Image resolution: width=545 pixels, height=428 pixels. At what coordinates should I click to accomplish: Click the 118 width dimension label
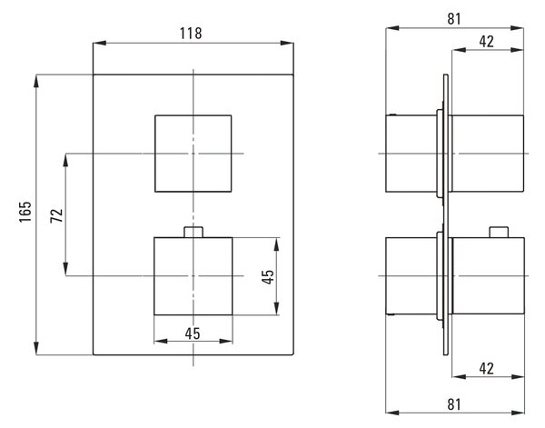191,34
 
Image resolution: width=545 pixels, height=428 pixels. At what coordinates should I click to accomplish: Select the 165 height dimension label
25,212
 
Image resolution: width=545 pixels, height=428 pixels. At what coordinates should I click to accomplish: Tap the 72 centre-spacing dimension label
56,215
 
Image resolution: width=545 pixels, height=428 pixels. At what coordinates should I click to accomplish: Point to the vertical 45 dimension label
268,277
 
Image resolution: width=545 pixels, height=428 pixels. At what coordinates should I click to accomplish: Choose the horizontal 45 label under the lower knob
193,333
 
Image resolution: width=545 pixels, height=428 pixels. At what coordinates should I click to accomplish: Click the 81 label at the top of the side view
454,19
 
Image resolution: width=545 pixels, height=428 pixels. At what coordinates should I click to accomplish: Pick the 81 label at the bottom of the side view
454,404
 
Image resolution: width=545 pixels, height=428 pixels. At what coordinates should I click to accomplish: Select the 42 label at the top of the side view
486,42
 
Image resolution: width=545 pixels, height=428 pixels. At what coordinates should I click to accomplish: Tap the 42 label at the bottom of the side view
486,369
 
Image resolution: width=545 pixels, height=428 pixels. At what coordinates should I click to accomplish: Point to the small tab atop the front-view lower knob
193,232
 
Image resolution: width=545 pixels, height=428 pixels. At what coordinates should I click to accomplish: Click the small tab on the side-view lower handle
499,233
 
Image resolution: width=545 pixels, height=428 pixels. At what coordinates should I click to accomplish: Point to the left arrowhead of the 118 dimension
99,43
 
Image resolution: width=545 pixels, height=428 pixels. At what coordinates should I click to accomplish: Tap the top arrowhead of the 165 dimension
36,82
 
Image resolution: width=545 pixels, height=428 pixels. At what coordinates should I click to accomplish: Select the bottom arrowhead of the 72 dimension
65,269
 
